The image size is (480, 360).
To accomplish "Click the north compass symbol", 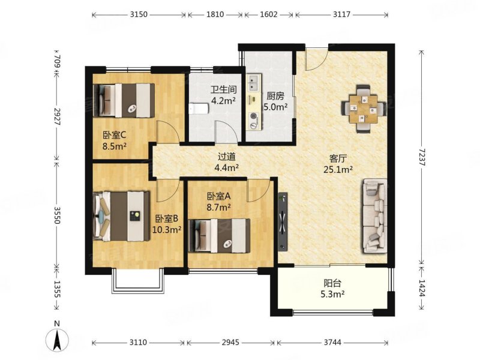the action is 56,339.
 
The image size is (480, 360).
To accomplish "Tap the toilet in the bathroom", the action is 198,109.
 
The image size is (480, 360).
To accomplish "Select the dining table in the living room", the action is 363,109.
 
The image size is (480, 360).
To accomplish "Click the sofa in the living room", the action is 374,216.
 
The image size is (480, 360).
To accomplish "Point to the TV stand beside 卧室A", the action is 283,221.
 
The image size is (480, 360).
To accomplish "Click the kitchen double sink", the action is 254,83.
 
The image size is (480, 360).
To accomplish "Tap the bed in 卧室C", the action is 124,100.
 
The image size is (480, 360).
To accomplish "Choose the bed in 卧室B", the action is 122,216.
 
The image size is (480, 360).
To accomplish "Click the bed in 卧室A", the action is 220,235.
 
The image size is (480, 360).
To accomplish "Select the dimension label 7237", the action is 422,158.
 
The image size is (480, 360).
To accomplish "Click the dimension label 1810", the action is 215,14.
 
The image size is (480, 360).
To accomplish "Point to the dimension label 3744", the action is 332,343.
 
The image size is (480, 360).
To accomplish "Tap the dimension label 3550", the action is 57,215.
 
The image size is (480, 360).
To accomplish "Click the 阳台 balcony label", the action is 333,283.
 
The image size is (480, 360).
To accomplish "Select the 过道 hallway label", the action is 227,157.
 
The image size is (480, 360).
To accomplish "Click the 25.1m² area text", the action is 338,169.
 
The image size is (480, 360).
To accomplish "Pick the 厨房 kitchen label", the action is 275,96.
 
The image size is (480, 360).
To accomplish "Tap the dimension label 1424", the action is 422,289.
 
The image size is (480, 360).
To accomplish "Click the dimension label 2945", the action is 230,343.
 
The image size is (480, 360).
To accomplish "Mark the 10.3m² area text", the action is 167,229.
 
